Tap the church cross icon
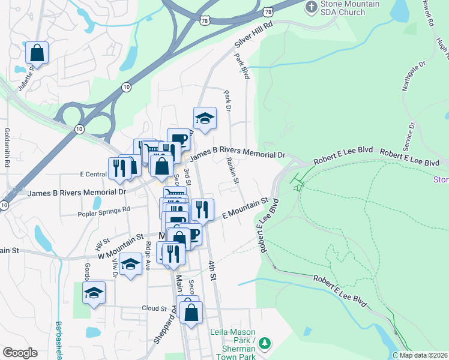[x=311, y=7]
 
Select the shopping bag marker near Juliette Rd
[x=37, y=53]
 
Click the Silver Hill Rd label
[x=253, y=34]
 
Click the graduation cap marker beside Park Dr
[x=205, y=119]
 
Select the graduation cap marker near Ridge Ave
[x=130, y=265]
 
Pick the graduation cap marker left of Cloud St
[x=94, y=293]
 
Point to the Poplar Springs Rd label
[x=104, y=211]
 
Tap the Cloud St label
[x=154, y=308]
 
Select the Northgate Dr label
[x=412, y=75]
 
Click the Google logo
[x=20, y=352]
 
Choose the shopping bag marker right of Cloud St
[x=191, y=313]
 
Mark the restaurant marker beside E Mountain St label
[x=202, y=210]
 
